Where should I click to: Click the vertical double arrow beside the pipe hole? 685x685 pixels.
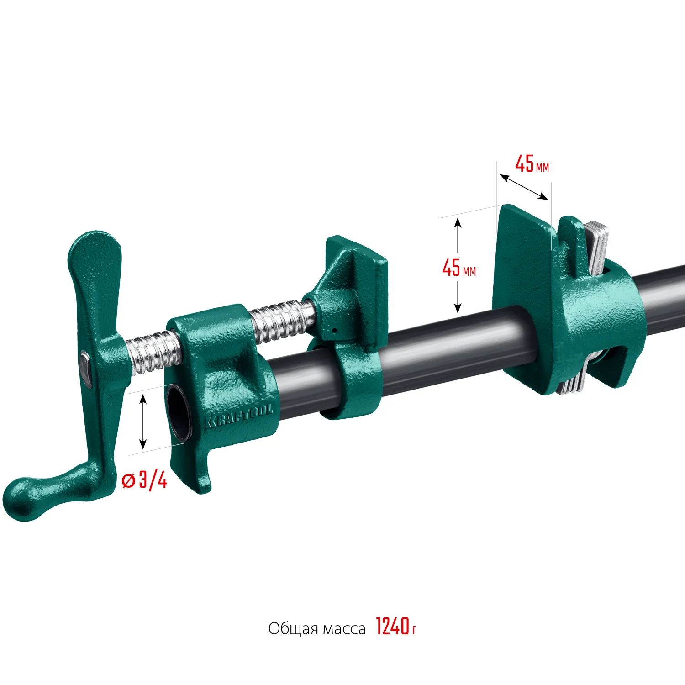tap(143, 421)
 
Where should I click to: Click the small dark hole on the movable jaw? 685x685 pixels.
tap(334, 330)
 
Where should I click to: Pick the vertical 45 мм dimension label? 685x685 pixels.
tap(458, 268)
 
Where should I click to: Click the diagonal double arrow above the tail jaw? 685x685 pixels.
tap(524, 187)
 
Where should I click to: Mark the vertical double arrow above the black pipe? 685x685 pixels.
tap(458, 265)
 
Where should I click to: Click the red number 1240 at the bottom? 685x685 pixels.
tap(392, 627)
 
